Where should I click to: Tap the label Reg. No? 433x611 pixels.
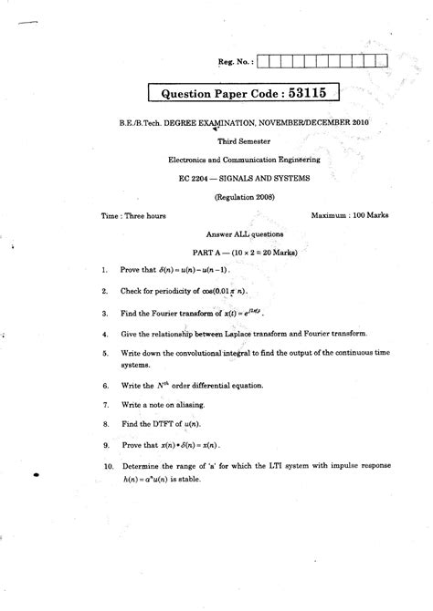point(235,61)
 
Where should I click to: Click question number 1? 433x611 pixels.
point(106,271)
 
